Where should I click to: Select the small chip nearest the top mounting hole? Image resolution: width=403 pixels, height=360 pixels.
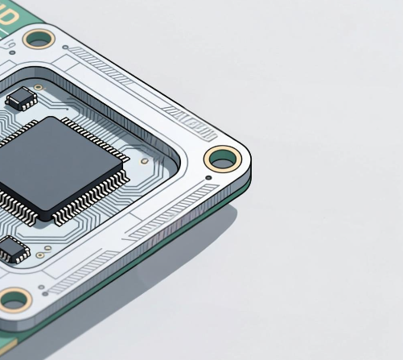point(21,99)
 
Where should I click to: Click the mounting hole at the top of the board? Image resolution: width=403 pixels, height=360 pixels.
point(38,38)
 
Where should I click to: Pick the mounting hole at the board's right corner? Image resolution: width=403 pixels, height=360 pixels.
point(222,159)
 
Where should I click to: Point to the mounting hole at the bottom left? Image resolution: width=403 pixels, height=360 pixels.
point(14,300)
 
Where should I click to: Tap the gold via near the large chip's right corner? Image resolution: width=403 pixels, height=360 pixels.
point(143,160)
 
